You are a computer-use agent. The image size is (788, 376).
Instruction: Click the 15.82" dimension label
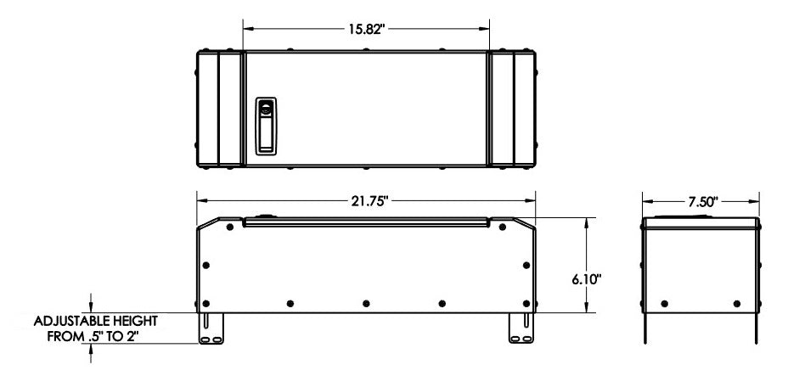[367, 27]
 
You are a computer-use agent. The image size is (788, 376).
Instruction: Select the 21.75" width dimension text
[366, 202]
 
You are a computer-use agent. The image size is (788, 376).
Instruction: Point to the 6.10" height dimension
[588, 279]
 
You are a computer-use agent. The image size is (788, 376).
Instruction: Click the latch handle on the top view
[267, 126]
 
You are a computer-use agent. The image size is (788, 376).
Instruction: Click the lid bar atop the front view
[366, 222]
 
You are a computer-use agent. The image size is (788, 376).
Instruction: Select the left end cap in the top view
[219, 108]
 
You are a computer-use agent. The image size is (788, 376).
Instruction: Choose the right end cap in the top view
[513, 108]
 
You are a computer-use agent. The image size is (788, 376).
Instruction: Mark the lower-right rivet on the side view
[737, 303]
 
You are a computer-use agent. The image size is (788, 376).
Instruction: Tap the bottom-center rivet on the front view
[366, 303]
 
